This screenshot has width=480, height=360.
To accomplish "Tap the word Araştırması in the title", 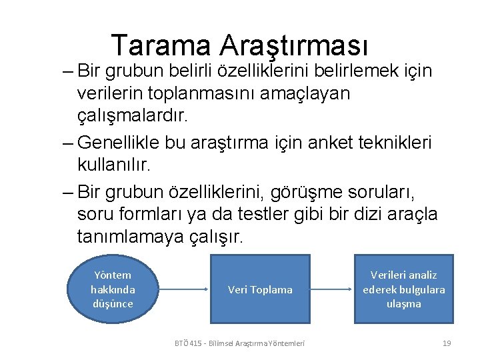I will pyautogui.click(x=294, y=45).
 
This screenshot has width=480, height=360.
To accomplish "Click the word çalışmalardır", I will pyautogui.click(x=133, y=115).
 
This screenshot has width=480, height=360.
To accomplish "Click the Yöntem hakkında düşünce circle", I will pyautogui.click(x=112, y=289).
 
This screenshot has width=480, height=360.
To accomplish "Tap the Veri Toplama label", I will pyautogui.click(x=260, y=289).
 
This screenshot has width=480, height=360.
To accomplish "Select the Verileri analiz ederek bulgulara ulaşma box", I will pyautogui.click(x=403, y=289).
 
